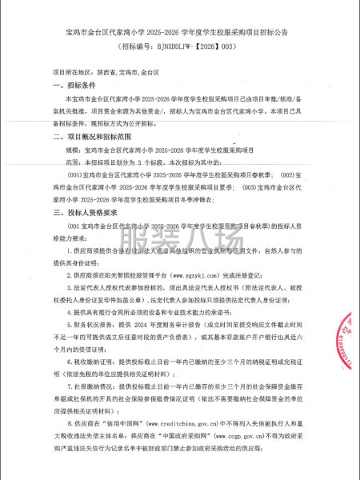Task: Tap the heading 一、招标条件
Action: coord(74,85)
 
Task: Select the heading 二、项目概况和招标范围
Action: coord(90,137)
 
